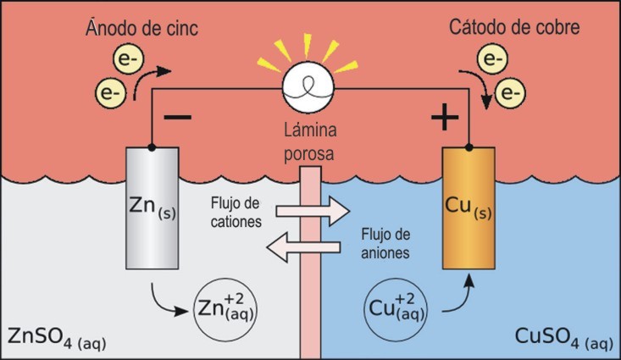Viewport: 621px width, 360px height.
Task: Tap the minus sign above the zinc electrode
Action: click(x=178, y=117)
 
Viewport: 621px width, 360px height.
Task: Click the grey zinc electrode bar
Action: click(x=152, y=208)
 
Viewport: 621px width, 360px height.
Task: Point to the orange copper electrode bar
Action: click(x=469, y=208)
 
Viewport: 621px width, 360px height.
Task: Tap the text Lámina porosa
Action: click(x=310, y=144)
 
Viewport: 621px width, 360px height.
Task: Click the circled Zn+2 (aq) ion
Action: click(x=225, y=304)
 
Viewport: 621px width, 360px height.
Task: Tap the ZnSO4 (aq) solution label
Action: click(x=55, y=339)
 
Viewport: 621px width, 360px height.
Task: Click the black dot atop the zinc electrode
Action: click(x=152, y=147)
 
